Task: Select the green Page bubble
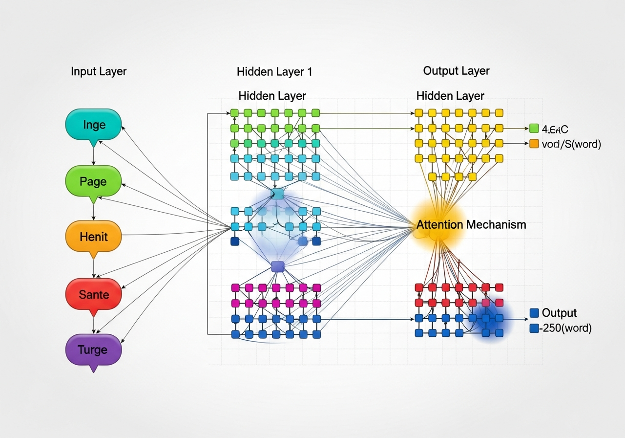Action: click(x=93, y=181)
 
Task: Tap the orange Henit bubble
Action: click(x=93, y=237)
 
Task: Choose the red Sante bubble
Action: click(x=93, y=294)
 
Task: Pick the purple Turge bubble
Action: click(x=93, y=350)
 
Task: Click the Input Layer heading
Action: click(x=99, y=71)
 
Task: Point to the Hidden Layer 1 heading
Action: click(x=274, y=72)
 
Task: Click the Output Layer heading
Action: click(x=456, y=71)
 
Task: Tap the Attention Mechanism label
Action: click(x=471, y=225)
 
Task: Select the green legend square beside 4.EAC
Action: click(x=534, y=129)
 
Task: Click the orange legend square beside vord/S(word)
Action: click(x=534, y=144)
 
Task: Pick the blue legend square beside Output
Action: click(x=534, y=313)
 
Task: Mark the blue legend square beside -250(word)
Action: click(x=534, y=328)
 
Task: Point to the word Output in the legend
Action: click(x=559, y=313)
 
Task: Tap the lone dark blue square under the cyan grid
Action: click(x=235, y=241)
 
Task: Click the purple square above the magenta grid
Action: click(x=277, y=266)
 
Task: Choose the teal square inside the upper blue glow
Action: click(x=277, y=194)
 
